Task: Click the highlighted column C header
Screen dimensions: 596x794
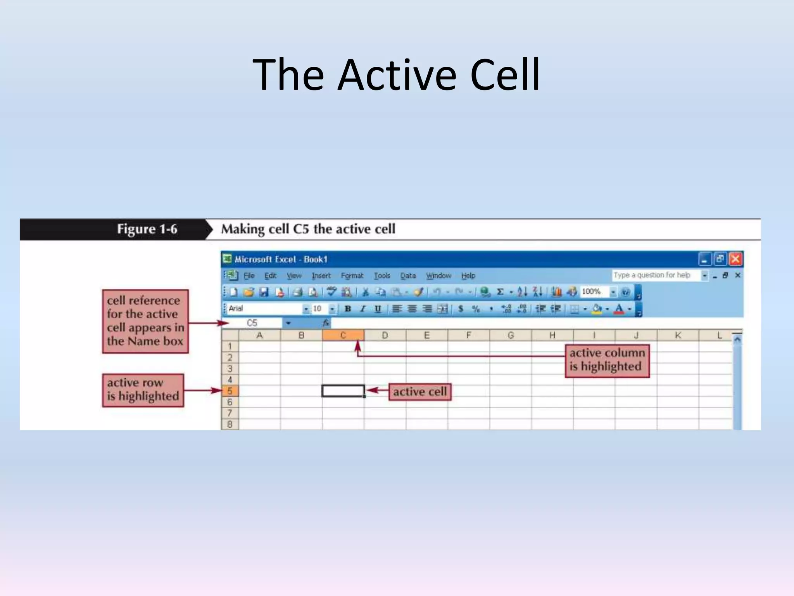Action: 343,335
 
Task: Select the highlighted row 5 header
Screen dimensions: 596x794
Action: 230,391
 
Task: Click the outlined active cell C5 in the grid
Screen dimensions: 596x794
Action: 343,391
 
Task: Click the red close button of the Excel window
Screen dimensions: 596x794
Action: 735,259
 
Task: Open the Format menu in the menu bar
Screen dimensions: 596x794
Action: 352,275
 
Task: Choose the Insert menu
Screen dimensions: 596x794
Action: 321,275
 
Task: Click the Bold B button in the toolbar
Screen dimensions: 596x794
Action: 348,309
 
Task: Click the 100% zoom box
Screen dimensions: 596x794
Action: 593,292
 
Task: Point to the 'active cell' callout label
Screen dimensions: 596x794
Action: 420,392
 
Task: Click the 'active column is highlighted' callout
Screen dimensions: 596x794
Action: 607,360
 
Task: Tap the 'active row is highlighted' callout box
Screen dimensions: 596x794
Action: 143,390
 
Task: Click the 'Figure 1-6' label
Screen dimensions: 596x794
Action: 147,229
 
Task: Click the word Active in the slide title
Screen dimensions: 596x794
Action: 397,74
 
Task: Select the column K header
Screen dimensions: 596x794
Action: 678,335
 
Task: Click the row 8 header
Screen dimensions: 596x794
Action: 230,424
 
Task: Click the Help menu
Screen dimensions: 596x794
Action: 468,275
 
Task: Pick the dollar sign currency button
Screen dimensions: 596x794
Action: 461,309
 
